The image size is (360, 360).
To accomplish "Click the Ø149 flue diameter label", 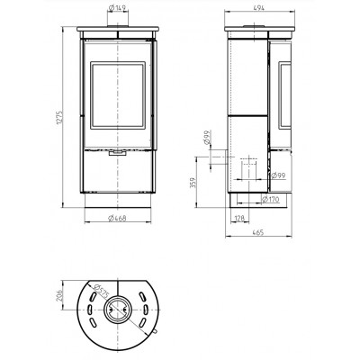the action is point(118,8).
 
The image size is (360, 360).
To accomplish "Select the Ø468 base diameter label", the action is point(117,218).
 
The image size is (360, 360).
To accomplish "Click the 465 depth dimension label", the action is point(258,232).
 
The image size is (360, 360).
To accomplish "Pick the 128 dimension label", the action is point(239,218).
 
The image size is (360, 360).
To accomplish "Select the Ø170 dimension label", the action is point(270,199).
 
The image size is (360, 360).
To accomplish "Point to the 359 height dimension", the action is point(193,183).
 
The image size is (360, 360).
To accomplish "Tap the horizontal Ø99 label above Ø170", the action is point(277,175).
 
